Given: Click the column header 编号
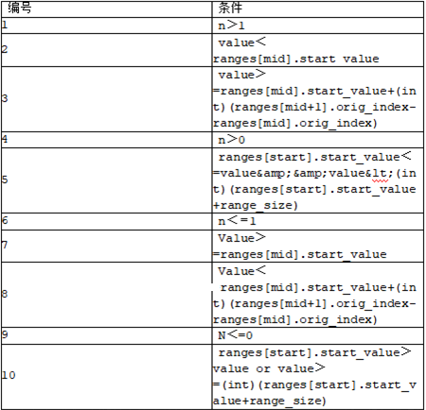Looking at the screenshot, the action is [20, 8].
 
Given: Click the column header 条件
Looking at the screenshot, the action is [230, 8].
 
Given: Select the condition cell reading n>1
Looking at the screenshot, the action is [231, 26].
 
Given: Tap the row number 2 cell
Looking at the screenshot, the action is [5, 49].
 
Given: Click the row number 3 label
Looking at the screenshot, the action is [5, 98].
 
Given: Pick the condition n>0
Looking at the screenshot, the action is [231, 140].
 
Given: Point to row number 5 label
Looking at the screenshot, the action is [5, 179].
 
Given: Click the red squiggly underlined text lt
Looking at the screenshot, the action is [380, 174].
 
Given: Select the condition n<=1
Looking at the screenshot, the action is [237, 221].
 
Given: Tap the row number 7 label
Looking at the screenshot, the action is [5, 245].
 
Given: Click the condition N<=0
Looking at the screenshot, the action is [236, 335].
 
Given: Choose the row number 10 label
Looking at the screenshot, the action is [9, 375].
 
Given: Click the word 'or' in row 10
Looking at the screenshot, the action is [263, 368].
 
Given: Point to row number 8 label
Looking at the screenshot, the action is [5, 294].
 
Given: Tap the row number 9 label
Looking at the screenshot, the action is [5, 334].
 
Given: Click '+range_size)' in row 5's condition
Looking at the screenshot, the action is [256, 206].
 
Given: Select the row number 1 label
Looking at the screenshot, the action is [5, 25].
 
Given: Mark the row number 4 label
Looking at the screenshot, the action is [5, 139].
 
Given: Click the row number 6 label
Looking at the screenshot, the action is [5, 220].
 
